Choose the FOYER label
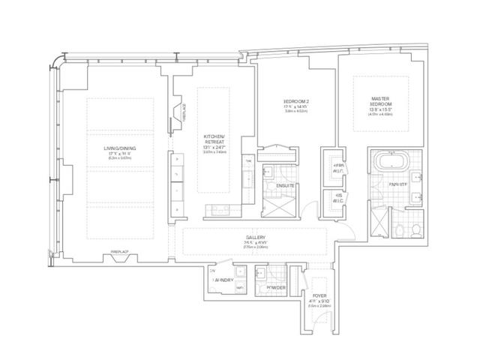[320, 295]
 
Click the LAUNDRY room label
[224, 279]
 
